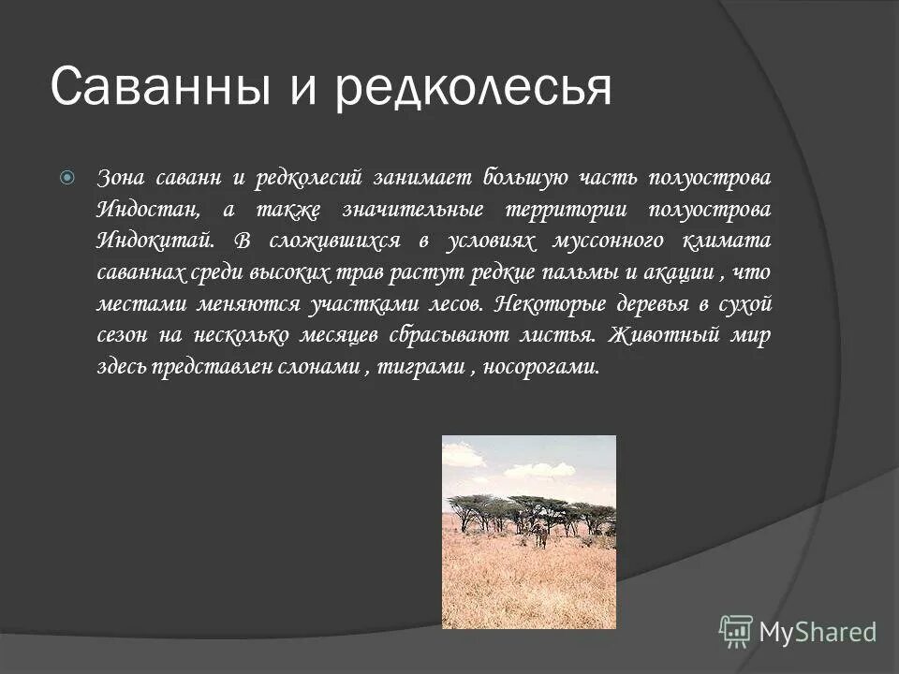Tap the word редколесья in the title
(x=475, y=87)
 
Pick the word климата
(x=733, y=241)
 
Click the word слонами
(x=320, y=368)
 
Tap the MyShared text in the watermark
(x=818, y=632)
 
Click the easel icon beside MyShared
(x=736, y=631)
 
